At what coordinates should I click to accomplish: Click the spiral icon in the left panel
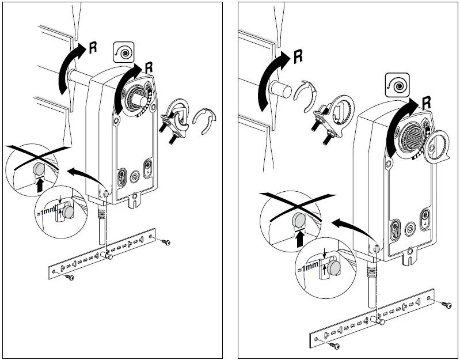(124, 52)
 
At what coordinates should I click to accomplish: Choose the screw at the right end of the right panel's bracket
(447, 303)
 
